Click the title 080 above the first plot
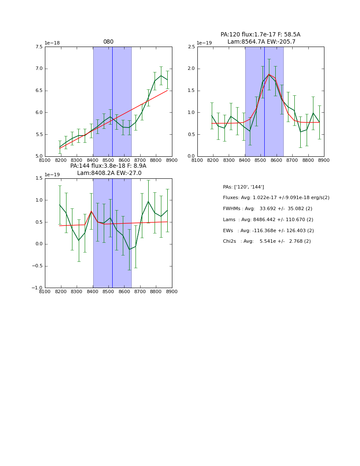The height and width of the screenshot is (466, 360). (x=108, y=42)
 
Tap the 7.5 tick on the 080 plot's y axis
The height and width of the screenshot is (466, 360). (x=38, y=47)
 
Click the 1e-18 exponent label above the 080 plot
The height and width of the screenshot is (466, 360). (x=52, y=43)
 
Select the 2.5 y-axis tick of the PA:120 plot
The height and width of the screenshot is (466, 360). (x=191, y=47)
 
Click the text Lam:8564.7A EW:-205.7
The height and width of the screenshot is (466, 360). (x=261, y=42)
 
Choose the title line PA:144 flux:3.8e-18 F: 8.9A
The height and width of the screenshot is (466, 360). (x=108, y=166)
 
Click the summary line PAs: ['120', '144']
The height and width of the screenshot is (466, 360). (x=243, y=187)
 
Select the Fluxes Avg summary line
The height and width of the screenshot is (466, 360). (x=276, y=198)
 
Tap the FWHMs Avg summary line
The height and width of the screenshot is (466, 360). (x=267, y=209)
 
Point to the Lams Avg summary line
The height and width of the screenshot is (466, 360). (x=268, y=220)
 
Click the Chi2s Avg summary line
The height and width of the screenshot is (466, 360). (x=266, y=241)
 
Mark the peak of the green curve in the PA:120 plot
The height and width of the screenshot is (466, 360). (x=269, y=75)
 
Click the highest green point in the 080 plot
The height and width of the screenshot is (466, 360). (x=161, y=76)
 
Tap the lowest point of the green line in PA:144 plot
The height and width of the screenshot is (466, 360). (x=129, y=249)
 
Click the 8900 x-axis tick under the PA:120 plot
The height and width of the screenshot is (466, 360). (x=324, y=160)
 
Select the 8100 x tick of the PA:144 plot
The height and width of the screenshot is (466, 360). (x=45, y=291)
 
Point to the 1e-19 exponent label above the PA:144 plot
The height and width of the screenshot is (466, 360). (x=52, y=175)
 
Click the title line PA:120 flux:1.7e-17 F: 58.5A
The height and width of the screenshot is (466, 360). (x=260, y=35)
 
